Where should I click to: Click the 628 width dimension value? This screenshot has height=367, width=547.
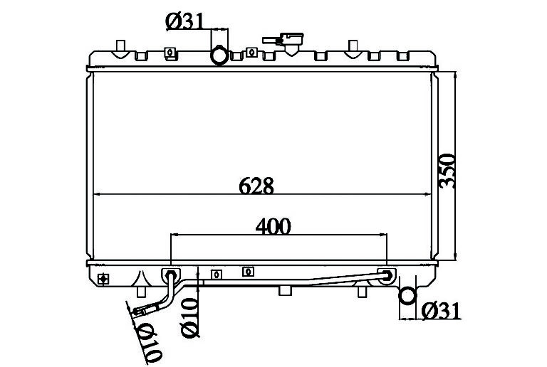coord(256,186)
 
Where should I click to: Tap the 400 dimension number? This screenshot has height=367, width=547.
coord(273,226)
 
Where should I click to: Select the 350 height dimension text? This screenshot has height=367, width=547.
coord(447,171)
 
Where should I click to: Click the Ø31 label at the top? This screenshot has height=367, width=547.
coord(184,21)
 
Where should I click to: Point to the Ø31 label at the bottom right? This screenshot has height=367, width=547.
coord(441,311)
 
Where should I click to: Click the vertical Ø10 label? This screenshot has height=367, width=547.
coord(189,317)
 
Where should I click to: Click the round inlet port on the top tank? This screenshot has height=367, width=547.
coord(219,55)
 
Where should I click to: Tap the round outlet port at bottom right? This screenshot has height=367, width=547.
coord(407,296)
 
